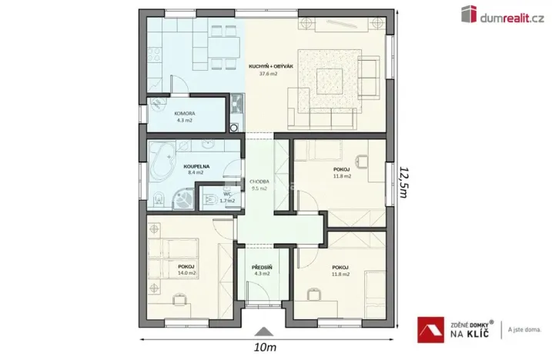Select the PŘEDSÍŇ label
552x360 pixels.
point(262,266)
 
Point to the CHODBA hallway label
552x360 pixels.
point(258,182)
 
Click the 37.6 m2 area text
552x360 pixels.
point(267,75)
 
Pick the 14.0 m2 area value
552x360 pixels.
point(187,272)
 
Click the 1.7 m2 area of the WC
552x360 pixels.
point(226,201)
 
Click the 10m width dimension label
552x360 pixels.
point(266,348)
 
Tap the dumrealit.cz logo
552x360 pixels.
point(501,13)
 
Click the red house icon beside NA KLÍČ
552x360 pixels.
point(429,329)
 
